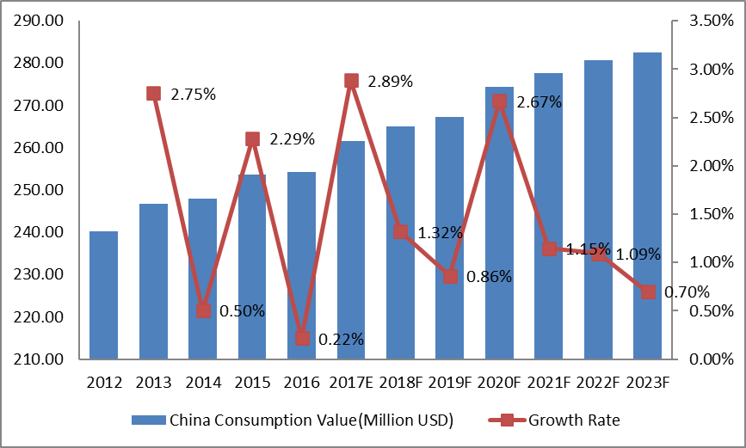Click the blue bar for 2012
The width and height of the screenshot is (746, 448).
coord(103,295)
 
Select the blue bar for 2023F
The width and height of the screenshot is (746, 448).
coord(647,206)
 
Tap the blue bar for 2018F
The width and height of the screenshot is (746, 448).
coord(400,242)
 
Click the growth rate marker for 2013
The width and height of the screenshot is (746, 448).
coord(153,94)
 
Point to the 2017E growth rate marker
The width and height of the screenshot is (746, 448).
coord(351,81)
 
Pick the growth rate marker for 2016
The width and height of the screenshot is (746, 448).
coord(302,338)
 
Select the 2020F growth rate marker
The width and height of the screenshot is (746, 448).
coord(499,101)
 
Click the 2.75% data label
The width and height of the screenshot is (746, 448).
coord(193,95)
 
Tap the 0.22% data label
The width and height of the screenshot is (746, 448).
coord(341,340)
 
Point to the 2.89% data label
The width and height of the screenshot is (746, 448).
coord(391,82)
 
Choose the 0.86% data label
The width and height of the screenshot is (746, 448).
coord(489,277)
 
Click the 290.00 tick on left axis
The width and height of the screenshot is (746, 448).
coord(40,21)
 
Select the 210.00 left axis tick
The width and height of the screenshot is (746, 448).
coord(40,359)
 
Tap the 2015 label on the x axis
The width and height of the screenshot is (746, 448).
coord(252,382)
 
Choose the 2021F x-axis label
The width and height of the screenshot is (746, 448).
coord(548,382)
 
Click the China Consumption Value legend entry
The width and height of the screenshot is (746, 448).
coord(292,420)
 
